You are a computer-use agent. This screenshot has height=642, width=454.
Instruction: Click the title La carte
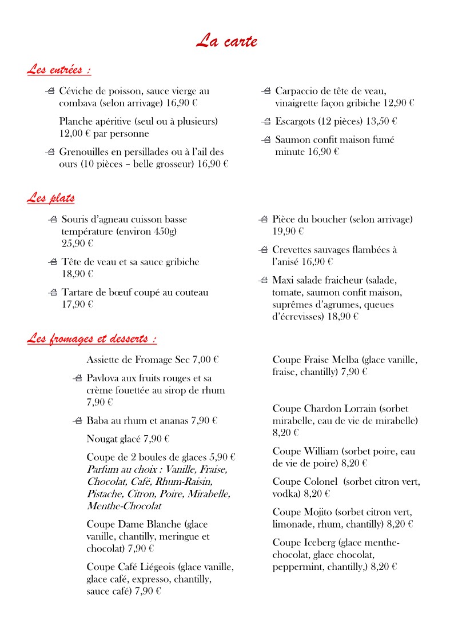point(226,41)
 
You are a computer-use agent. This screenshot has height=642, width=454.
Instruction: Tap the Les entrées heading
point(59,70)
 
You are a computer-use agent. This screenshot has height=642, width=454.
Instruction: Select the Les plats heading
point(50,198)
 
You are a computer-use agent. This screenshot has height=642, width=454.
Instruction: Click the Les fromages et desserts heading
point(91,339)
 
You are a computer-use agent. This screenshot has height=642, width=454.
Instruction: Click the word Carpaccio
point(297,91)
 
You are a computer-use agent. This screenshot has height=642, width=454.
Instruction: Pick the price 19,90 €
point(288,232)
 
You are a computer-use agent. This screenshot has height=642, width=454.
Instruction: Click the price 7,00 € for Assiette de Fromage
point(206,360)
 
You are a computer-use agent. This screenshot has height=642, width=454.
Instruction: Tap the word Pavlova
point(105,378)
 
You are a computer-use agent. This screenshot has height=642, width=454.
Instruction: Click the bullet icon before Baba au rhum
point(78,421)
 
